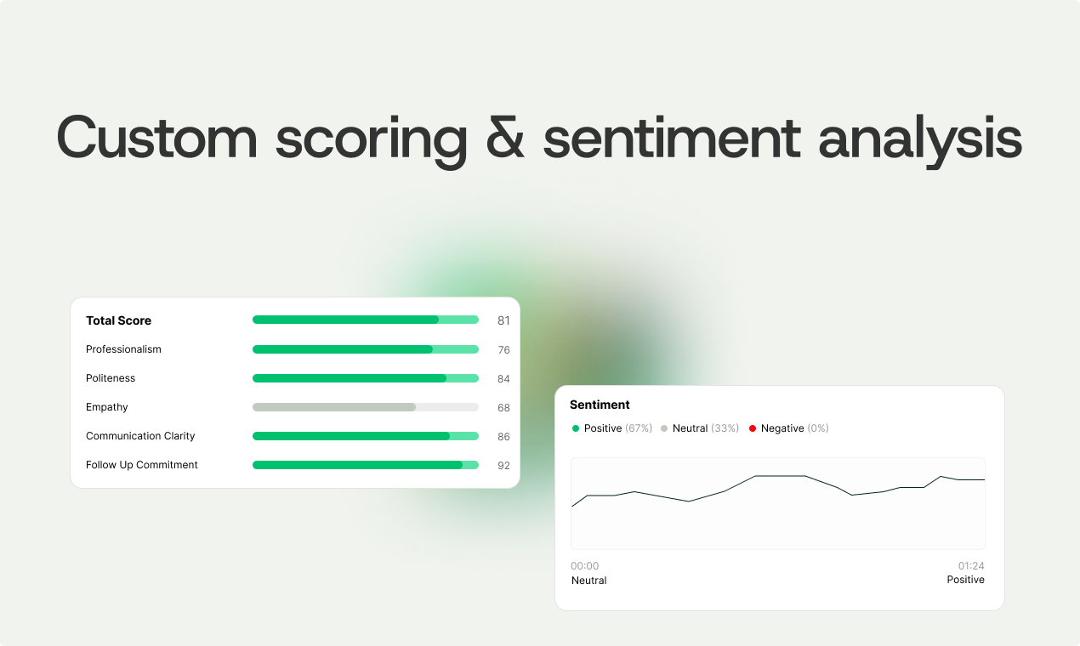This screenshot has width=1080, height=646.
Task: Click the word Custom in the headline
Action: click(156, 136)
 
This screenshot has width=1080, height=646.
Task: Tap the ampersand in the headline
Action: click(504, 136)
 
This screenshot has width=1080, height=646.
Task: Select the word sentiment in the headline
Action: click(672, 136)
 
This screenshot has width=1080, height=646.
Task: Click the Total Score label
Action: click(118, 320)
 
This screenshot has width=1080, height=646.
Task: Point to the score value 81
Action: click(503, 320)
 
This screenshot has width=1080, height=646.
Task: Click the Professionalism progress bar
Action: click(365, 349)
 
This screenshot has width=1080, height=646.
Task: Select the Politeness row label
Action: click(111, 378)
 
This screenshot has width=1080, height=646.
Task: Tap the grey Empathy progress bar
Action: click(365, 407)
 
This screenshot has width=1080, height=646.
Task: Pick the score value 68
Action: click(503, 408)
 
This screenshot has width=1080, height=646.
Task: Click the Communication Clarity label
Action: click(140, 436)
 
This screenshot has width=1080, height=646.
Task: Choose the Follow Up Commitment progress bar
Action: click(365, 465)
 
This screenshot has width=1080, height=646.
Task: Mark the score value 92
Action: click(503, 466)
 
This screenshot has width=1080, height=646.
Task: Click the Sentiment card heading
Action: click(600, 405)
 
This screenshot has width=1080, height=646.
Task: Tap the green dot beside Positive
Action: click(576, 428)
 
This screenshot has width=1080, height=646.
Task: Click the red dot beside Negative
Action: click(752, 428)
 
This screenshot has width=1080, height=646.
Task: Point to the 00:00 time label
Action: click(584, 566)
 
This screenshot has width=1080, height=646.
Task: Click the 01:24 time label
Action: click(971, 566)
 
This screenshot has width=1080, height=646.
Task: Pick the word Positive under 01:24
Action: click(965, 580)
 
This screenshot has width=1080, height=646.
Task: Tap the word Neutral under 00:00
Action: click(588, 581)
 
